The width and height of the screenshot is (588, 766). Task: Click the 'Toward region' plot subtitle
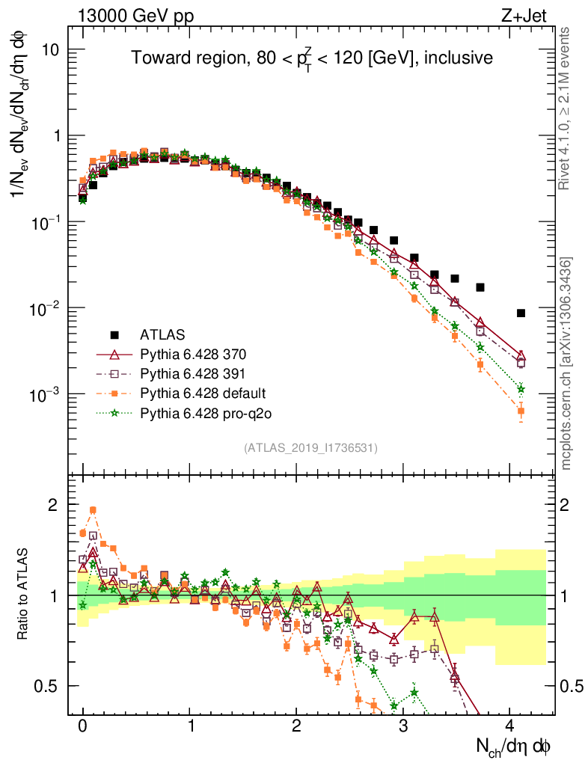coord(311,58)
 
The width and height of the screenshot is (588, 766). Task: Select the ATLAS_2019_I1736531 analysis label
coord(310,447)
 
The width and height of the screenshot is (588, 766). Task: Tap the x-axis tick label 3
coord(403,726)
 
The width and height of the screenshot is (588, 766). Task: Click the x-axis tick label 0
coord(82,726)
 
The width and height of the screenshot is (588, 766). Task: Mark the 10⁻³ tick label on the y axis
coord(46,394)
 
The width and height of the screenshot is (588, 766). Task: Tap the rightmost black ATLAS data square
coord(521,313)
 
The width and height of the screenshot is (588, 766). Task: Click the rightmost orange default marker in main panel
coord(521,411)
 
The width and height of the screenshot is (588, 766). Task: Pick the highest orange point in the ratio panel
coord(93,510)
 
